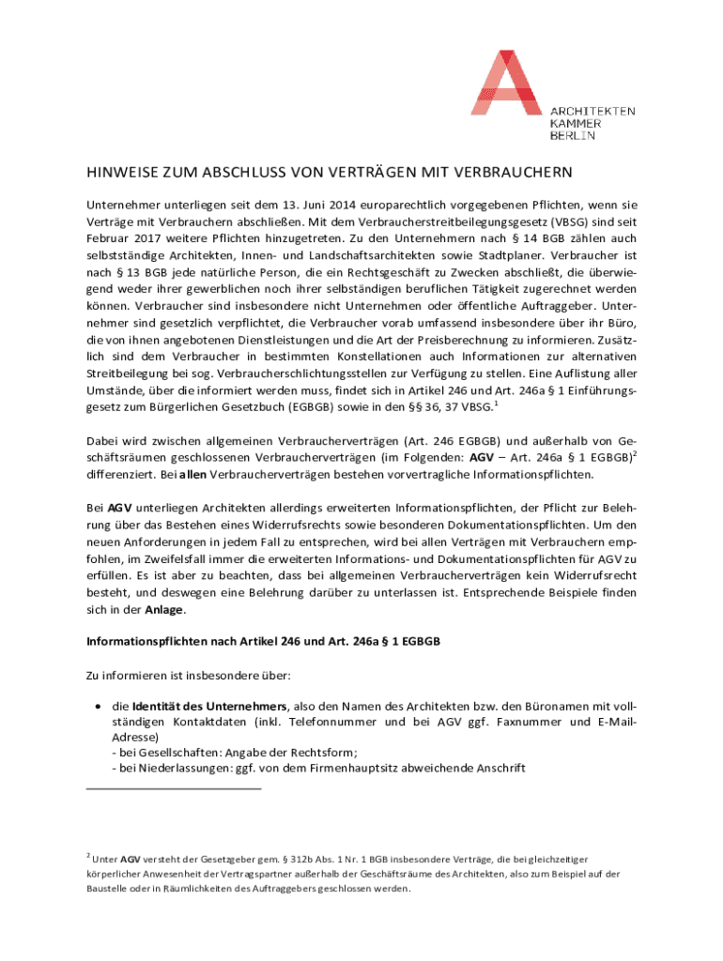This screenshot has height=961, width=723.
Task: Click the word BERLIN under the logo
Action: coord(572,137)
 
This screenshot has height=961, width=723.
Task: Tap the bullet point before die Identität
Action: coord(98,705)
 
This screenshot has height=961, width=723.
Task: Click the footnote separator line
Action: coord(173,788)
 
